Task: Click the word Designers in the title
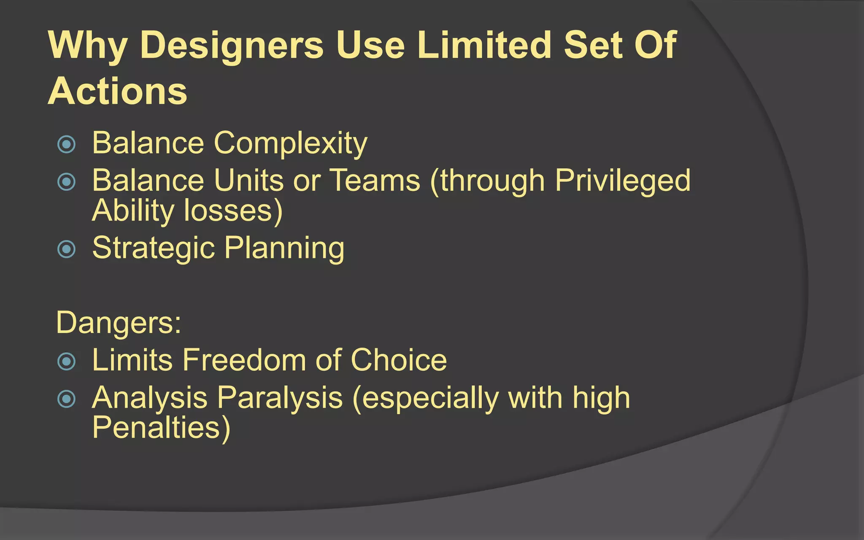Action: [232, 46]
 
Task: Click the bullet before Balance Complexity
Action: [66, 145]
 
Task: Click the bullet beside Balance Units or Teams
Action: [66, 182]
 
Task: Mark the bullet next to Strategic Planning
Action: [66, 249]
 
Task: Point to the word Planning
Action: [284, 248]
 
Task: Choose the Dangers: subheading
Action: [119, 323]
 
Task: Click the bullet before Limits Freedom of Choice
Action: [66, 362]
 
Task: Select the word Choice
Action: [398, 360]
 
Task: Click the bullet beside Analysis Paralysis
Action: [66, 399]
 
